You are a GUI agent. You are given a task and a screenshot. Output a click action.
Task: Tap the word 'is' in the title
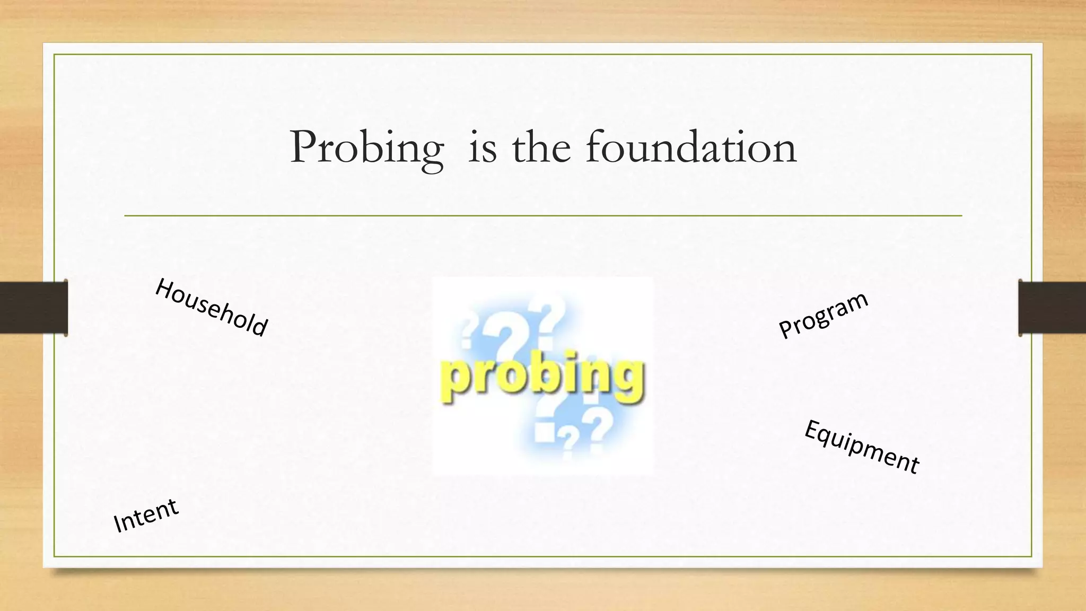click(x=483, y=147)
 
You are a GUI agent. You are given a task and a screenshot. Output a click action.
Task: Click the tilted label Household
click(x=212, y=308)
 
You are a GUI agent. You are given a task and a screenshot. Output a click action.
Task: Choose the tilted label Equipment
click(x=862, y=447)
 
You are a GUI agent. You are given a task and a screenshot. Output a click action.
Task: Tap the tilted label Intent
click(x=146, y=515)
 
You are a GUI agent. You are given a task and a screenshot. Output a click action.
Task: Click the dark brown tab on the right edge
click(x=1052, y=308)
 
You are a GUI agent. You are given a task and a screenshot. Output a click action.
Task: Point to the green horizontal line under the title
click(x=543, y=216)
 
